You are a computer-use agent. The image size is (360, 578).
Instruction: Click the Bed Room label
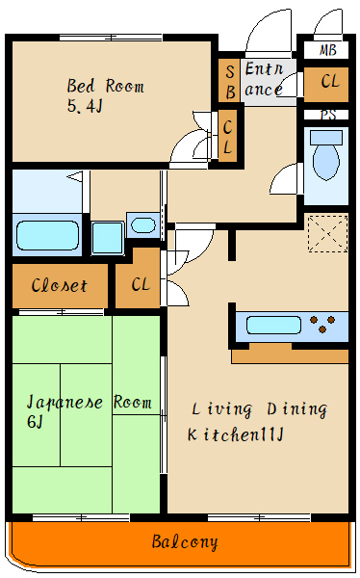point(106,87)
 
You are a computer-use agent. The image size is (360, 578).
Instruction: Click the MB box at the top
point(327,50)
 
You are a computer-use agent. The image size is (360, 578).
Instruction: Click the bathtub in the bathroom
point(47,234)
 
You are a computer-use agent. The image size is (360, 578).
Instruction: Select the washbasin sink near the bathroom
point(141,225)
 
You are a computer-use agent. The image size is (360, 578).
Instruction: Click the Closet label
point(60,286)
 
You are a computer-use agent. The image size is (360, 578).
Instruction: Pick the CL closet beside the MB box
point(328,83)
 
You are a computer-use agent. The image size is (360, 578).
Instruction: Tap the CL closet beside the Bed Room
point(227,137)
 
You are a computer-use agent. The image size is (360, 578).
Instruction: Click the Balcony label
point(185,541)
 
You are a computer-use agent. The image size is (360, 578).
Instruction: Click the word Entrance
point(264,79)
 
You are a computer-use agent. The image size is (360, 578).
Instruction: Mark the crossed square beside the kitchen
point(326,234)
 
